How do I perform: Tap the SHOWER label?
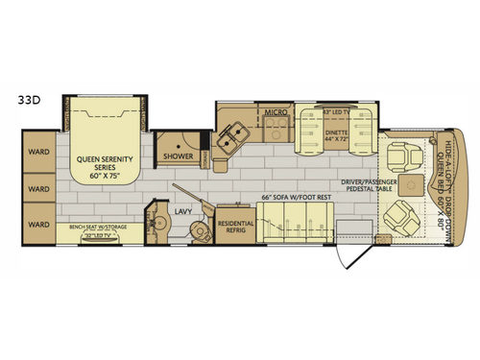pos(179,156)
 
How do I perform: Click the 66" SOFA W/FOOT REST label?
pos(297,198)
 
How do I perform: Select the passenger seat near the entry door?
pos(402,220)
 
